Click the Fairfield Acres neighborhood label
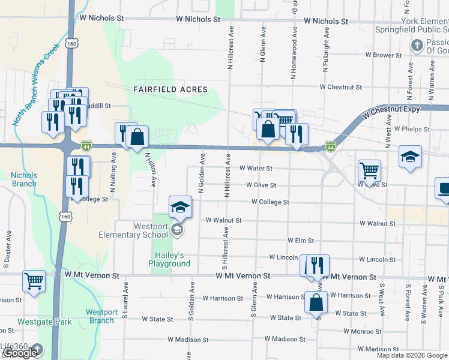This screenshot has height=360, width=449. [170, 89]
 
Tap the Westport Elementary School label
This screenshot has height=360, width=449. [150, 230]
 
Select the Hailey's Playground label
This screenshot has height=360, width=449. [169, 259]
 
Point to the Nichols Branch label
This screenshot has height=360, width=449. [24, 180]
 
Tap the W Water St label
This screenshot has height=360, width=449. [256, 169]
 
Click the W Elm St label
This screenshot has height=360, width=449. [301, 241]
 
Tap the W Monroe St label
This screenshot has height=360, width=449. [362, 331]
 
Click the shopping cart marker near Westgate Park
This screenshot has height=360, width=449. [34, 280]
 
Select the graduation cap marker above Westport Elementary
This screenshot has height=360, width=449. [179, 207]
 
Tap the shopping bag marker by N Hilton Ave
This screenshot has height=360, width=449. [137, 136]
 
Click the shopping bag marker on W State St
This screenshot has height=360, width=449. [316, 302]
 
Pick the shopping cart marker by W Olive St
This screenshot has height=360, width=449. [369, 170]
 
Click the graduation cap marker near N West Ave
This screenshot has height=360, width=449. [410, 157]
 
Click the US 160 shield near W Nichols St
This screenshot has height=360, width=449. [72, 44]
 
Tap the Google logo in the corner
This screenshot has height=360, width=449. [20, 352]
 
